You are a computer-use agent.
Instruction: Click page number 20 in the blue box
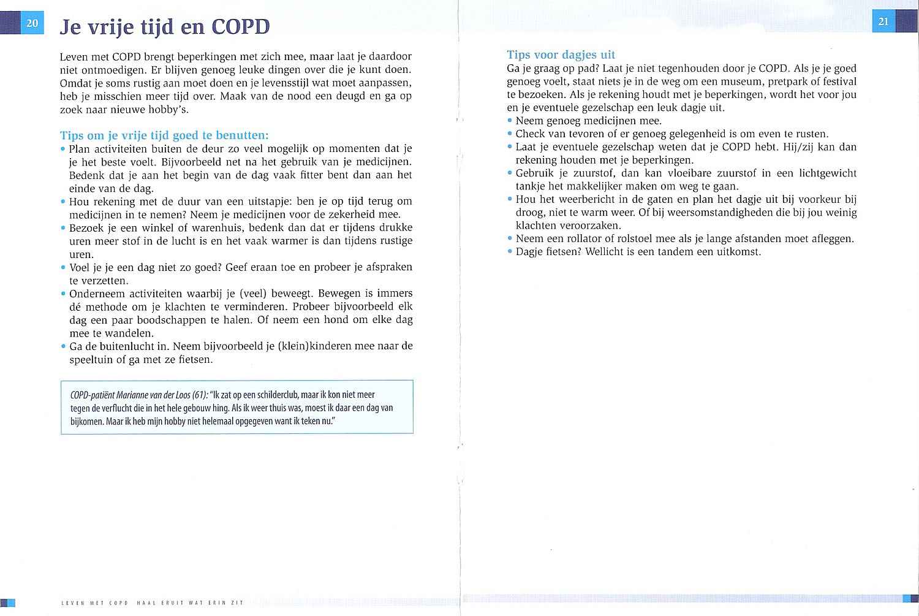click(x=32, y=23)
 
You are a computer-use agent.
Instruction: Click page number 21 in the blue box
click(x=883, y=21)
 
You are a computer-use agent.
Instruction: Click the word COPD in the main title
click(x=240, y=27)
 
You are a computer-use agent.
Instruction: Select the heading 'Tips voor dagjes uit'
click(x=561, y=55)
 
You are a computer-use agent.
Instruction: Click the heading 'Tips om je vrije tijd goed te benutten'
click(x=164, y=135)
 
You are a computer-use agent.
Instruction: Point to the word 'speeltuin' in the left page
click(x=92, y=360)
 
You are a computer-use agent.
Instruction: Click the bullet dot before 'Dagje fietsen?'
click(x=510, y=252)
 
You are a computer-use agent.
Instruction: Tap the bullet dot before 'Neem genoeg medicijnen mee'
click(x=510, y=121)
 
